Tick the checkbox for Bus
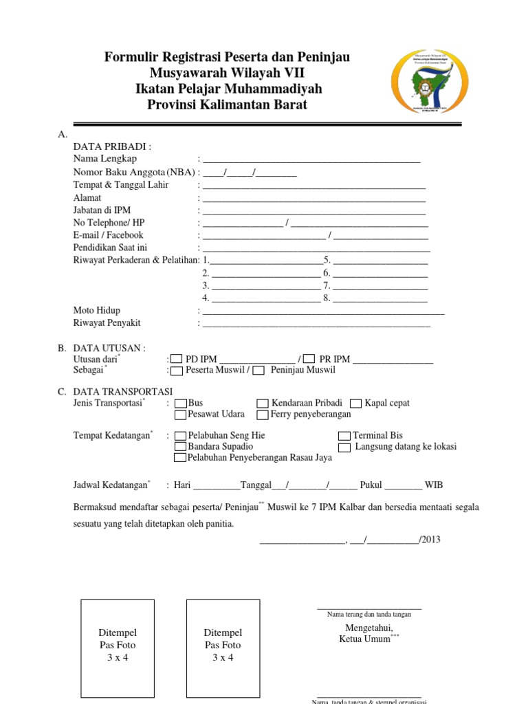(x=181, y=404)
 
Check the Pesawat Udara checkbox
(x=181, y=415)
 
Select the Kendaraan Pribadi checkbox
(x=263, y=404)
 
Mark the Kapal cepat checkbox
(x=355, y=404)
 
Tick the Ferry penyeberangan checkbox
(x=263, y=415)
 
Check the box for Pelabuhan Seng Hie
(x=181, y=436)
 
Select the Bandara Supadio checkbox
(x=181, y=447)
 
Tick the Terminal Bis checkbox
(x=344, y=436)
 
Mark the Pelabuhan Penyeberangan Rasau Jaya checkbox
(x=181, y=458)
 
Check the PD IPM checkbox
(x=177, y=359)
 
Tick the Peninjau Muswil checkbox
(x=258, y=371)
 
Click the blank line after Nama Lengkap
(x=311, y=160)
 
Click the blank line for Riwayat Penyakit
(x=316, y=324)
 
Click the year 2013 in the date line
(x=431, y=540)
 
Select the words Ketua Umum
(x=364, y=639)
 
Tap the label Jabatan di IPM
(x=102, y=210)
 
